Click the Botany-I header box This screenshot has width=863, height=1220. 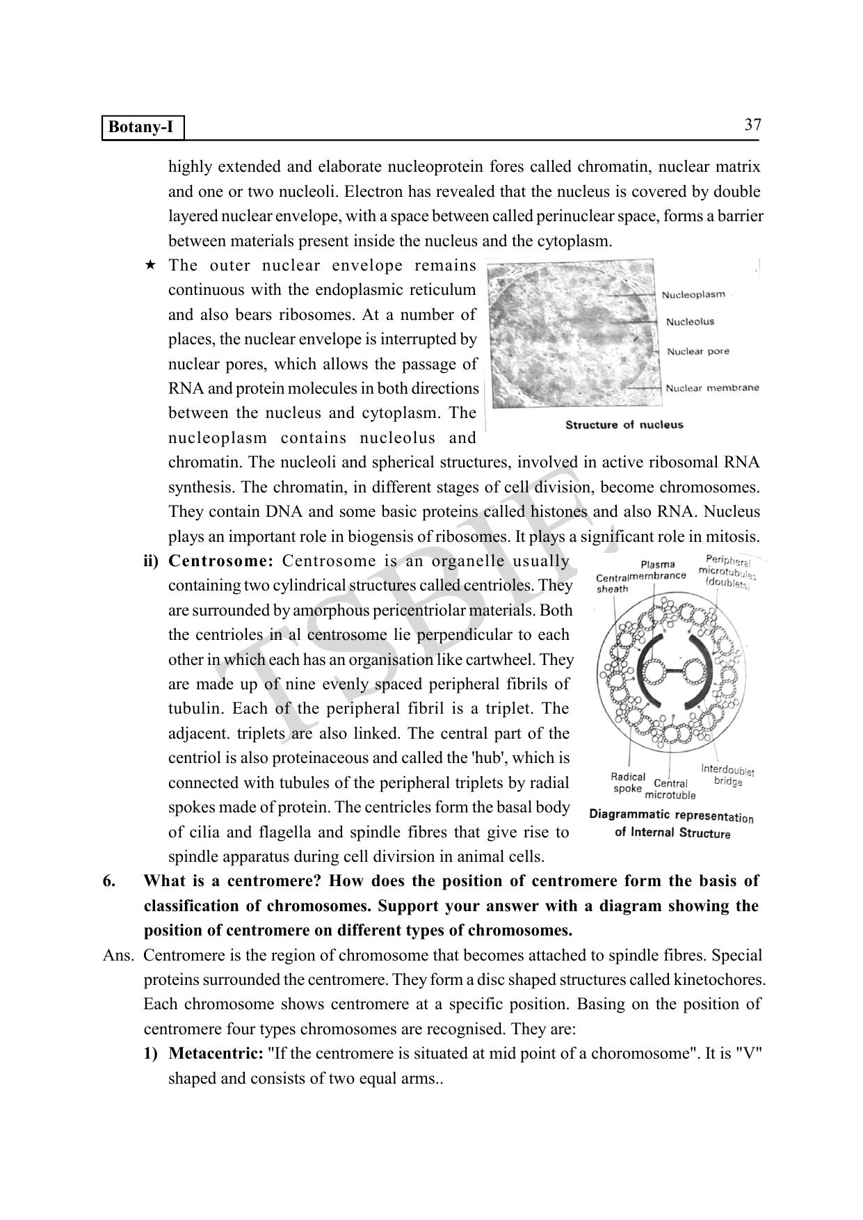(x=143, y=128)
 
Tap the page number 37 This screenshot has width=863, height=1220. (x=752, y=125)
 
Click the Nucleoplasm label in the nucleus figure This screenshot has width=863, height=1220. (x=693, y=295)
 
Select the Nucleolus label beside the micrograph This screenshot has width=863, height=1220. (x=690, y=322)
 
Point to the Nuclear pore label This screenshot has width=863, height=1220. (x=697, y=351)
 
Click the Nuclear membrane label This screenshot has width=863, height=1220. (x=712, y=388)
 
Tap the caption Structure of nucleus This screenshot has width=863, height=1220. (x=624, y=425)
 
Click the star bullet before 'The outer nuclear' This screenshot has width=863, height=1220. (x=150, y=266)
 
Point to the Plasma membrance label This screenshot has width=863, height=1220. (x=658, y=570)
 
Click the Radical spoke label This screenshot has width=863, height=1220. (x=627, y=782)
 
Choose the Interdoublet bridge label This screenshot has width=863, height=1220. (x=727, y=776)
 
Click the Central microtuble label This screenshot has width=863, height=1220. (x=670, y=789)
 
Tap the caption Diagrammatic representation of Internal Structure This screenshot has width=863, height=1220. (x=671, y=824)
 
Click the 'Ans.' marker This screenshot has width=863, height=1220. (x=118, y=956)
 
